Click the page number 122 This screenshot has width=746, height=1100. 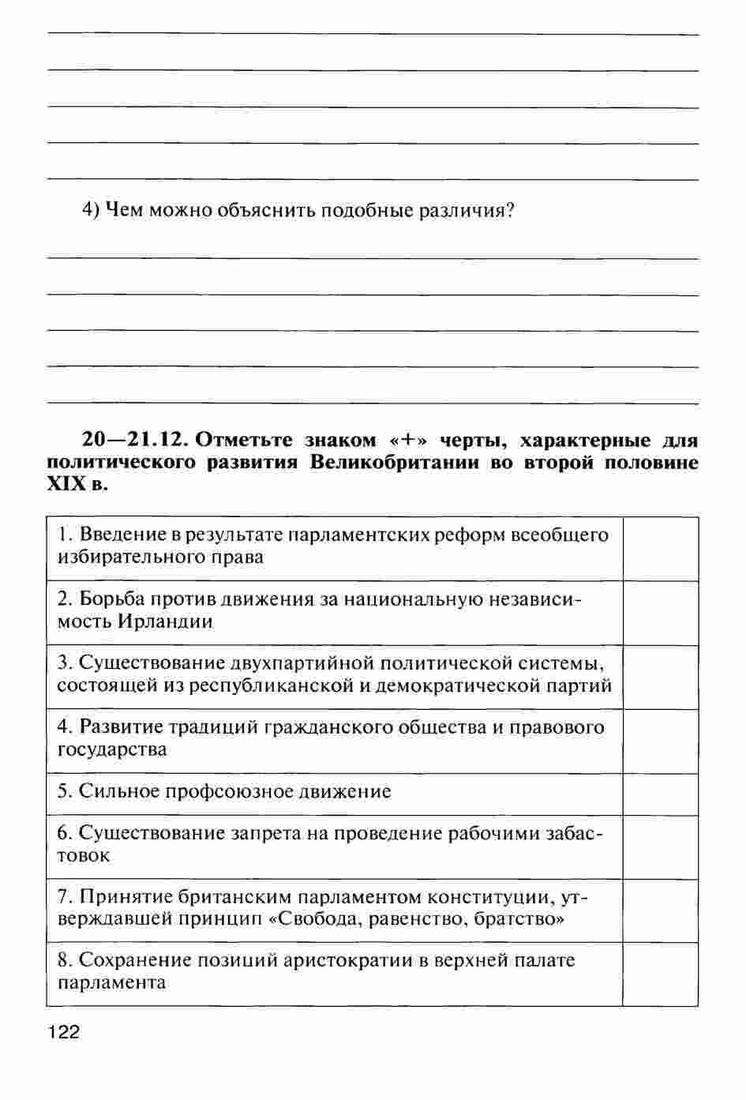64,1031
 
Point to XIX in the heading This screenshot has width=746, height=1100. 66,484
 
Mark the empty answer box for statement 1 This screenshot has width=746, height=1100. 660,548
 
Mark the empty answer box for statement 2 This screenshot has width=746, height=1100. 660,613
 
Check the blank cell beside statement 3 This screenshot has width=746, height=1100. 660,677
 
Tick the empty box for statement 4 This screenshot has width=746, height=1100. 660,741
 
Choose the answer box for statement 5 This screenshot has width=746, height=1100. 660,794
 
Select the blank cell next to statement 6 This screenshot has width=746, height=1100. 660,847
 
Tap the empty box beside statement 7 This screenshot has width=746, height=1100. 660,910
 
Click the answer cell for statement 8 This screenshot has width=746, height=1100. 660,974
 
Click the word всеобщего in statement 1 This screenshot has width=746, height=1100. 560,535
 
